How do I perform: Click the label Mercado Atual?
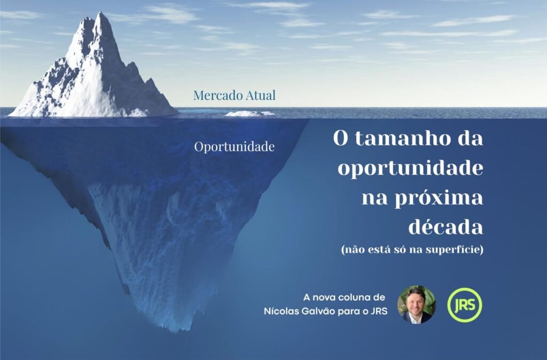pyautogui.click(x=235, y=95)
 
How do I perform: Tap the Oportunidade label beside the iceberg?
pyautogui.click(x=235, y=147)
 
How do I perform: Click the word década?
pyautogui.click(x=446, y=227)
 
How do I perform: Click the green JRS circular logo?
pyautogui.click(x=465, y=305)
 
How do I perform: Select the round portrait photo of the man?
pyautogui.click(x=417, y=305)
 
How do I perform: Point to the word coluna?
pyautogui.click(x=350, y=298)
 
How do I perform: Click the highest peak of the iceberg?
pyautogui.click(x=101, y=13)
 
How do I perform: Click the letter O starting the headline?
pyautogui.click(x=341, y=138)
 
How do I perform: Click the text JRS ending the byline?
pyautogui.click(x=380, y=311)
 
